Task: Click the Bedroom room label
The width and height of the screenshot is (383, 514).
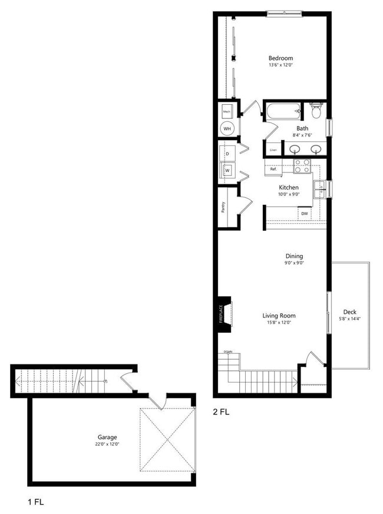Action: click(x=280, y=58)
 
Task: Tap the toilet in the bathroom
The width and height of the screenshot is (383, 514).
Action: click(x=315, y=110)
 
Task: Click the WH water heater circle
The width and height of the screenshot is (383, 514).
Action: click(x=227, y=128)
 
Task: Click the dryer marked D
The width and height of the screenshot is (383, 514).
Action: click(x=227, y=153)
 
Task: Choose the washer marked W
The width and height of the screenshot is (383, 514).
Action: click(x=227, y=171)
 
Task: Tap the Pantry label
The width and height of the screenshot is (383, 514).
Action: click(x=224, y=206)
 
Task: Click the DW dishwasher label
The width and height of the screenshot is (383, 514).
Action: click(x=305, y=214)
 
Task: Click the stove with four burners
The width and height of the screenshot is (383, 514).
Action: click(x=302, y=165)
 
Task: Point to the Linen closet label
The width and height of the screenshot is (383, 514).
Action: click(x=273, y=150)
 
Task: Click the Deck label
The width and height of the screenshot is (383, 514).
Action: click(x=349, y=312)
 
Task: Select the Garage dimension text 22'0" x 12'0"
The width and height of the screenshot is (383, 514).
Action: click(x=107, y=445)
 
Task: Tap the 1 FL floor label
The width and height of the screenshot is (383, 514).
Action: click(x=36, y=502)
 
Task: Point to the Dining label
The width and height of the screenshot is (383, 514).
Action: click(x=294, y=256)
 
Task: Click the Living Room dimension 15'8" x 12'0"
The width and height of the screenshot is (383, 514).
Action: click(x=279, y=323)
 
